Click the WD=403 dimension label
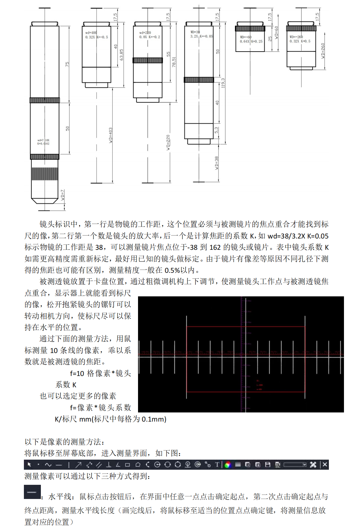pos(111,135)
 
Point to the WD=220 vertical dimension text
pos(168,142)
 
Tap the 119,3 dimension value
pos(223,83)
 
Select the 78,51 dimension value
pos(174,62)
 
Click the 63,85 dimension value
pos(122,55)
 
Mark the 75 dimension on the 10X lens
pos(67,64)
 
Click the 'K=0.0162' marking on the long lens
pos(43,144)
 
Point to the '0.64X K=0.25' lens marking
pos(251,42)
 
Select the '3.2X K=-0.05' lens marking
pos(202,36)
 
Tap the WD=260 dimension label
pos(323,51)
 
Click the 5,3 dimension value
pos(216,130)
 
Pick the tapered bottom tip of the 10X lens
pos(45,200)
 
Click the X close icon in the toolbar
pos(325,464)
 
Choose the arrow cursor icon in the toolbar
pos(29,464)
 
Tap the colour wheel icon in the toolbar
pos(228,465)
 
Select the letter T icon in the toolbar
pos(217,464)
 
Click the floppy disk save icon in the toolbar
pos(268,464)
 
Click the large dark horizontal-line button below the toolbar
pos(32,492)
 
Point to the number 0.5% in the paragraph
pos(172,270)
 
